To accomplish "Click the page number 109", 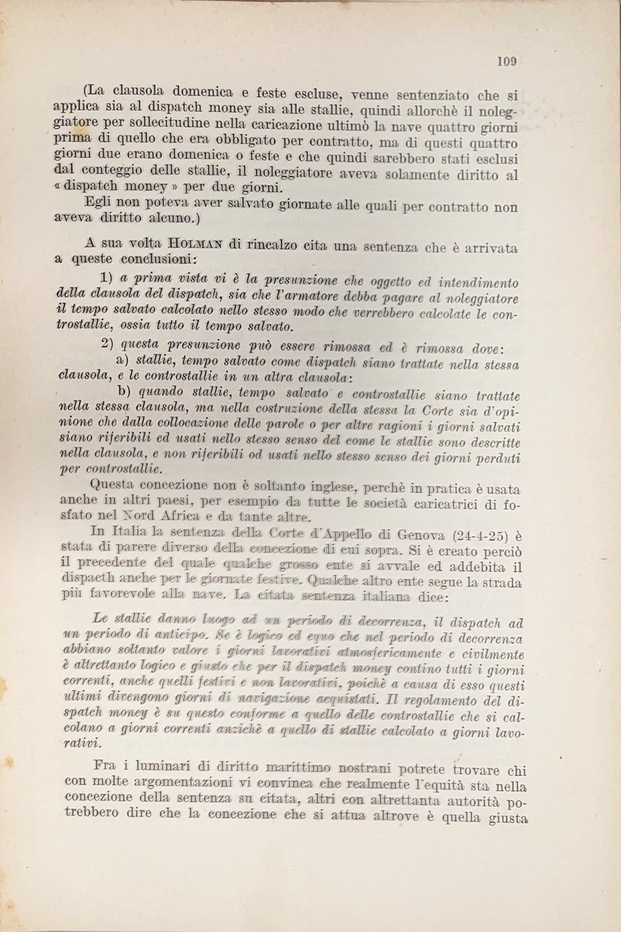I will point(507,61).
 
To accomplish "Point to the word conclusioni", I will point(158,259).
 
